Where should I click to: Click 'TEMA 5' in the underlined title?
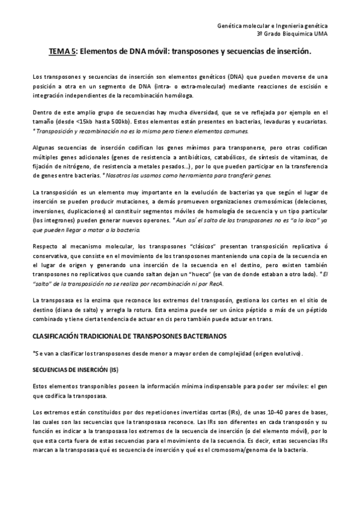[x=62, y=52]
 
